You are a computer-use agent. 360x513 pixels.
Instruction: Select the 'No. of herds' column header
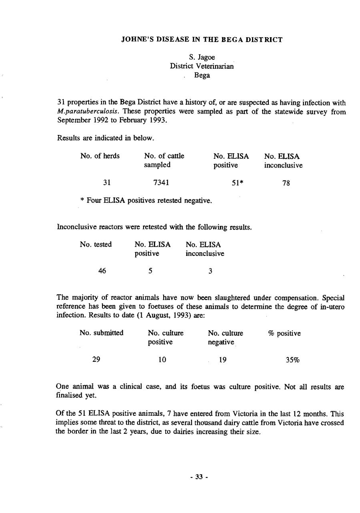click(100, 156)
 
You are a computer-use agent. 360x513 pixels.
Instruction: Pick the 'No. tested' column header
click(96, 244)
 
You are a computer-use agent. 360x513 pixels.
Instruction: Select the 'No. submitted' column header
click(102, 333)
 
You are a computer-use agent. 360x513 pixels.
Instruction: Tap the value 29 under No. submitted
click(96, 359)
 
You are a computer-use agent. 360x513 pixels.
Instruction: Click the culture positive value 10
click(162, 359)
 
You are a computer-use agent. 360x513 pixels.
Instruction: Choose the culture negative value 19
click(223, 359)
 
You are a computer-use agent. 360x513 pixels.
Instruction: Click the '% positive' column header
click(285, 333)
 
